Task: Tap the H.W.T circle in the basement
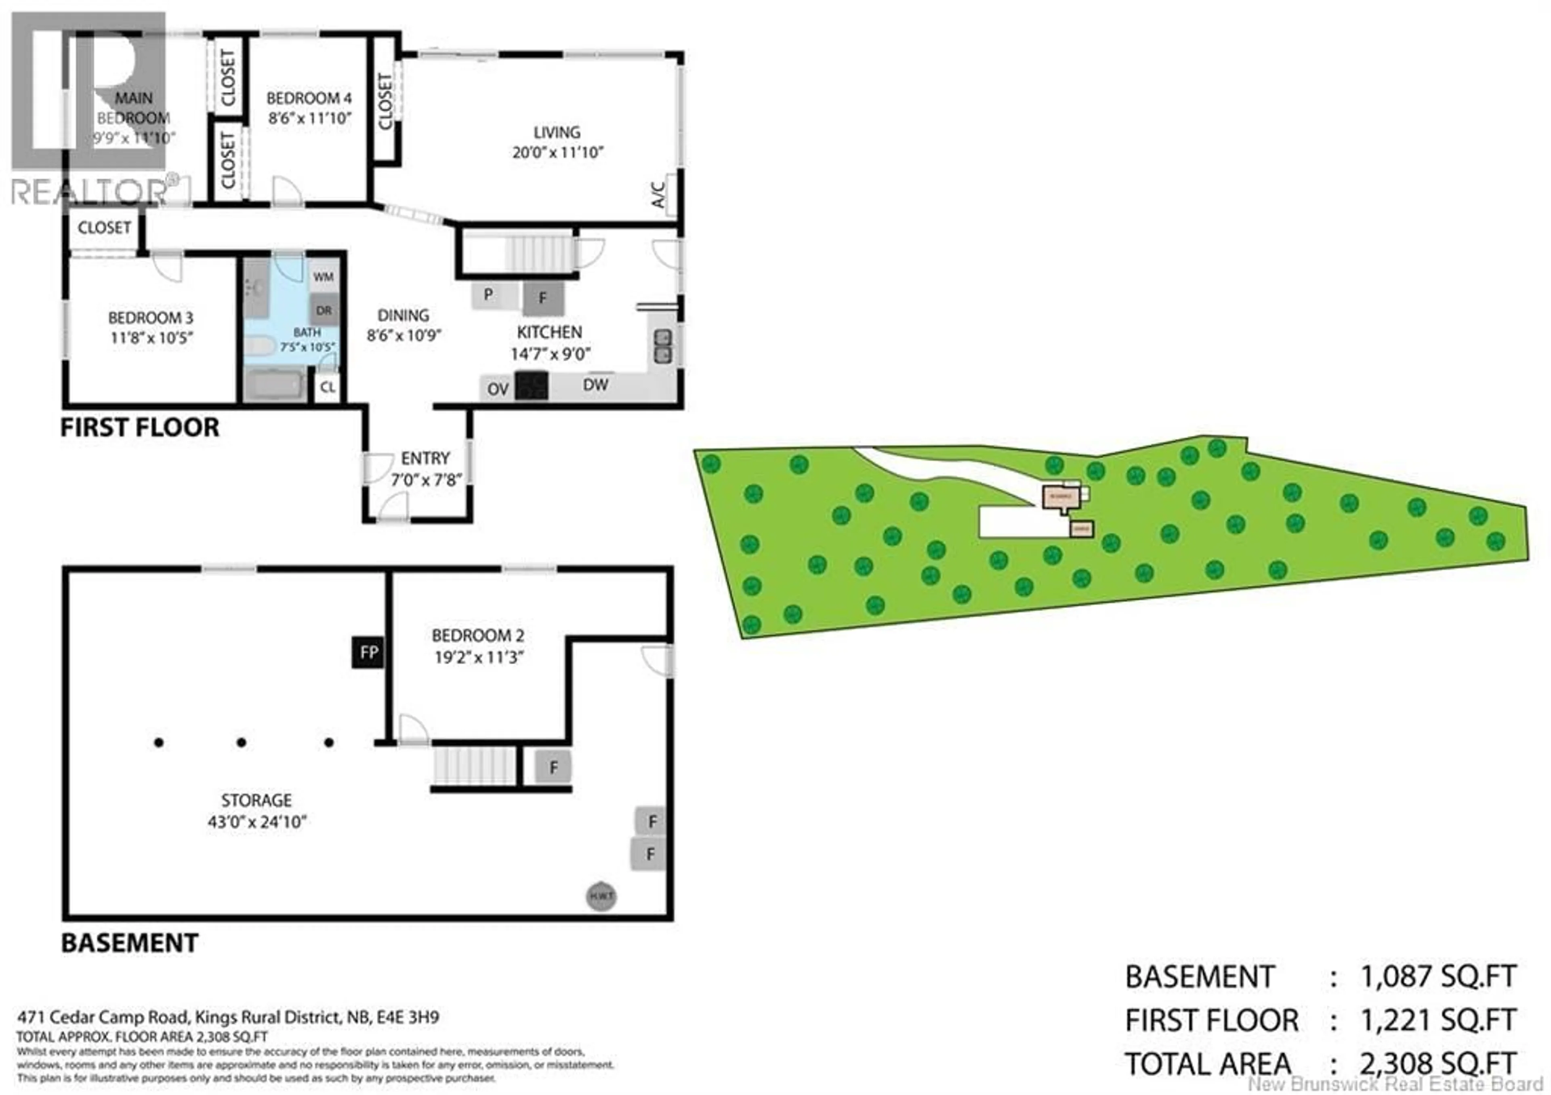pos(601,896)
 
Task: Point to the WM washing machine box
pos(324,277)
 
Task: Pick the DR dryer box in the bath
pos(324,311)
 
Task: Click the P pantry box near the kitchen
pos(488,294)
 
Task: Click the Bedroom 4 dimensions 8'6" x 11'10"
pos(309,118)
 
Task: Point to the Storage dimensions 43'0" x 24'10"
pos(257,822)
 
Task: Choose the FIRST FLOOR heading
pos(140,428)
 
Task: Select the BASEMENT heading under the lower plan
pos(130,943)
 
